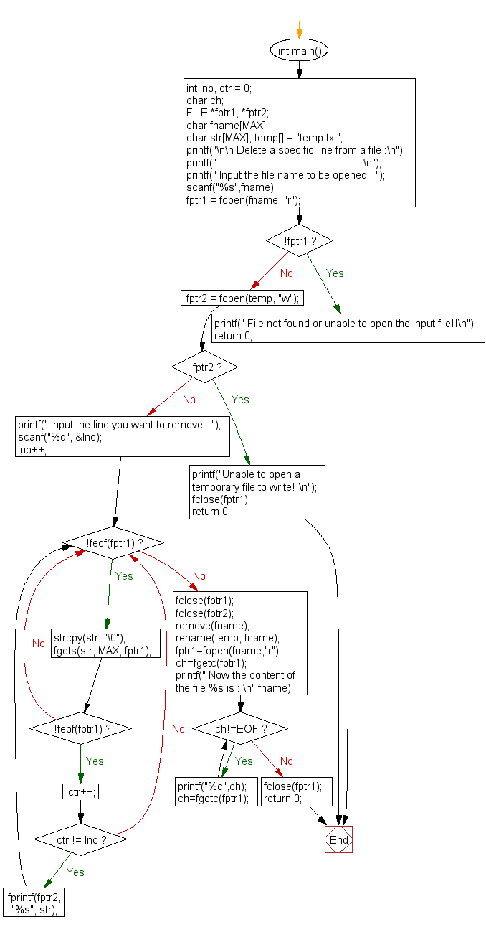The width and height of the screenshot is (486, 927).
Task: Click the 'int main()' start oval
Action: (x=300, y=51)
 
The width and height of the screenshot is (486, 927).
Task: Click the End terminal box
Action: (x=338, y=839)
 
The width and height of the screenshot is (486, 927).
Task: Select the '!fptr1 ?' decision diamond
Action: (x=299, y=240)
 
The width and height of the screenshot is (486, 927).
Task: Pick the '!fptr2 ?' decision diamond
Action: (x=204, y=367)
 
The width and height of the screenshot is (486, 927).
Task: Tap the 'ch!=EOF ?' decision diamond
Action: (x=240, y=729)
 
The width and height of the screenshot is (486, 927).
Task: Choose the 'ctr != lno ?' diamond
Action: (x=80, y=839)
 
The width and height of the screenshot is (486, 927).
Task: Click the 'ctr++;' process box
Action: (x=80, y=792)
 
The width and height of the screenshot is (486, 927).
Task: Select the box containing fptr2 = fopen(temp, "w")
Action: (x=242, y=298)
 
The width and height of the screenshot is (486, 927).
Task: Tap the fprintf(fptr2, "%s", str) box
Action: (x=34, y=903)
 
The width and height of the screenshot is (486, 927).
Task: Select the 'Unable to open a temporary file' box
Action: (x=257, y=492)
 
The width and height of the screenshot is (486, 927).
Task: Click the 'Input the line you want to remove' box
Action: (x=123, y=437)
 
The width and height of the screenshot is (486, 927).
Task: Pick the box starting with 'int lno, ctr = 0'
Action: (x=300, y=143)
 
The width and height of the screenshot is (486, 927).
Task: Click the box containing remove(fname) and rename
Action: (x=239, y=643)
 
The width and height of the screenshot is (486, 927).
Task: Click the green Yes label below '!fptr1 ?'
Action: (x=335, y=273)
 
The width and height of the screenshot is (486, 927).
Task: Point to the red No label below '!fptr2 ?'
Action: (x=189, y=400)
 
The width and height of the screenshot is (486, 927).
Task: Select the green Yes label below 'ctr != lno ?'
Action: (x=75, y=872)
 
